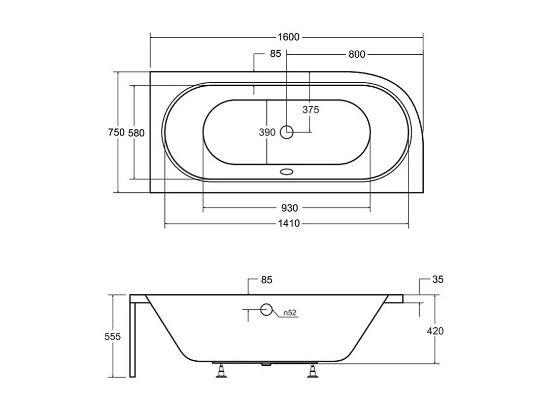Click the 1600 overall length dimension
tap(288, 37)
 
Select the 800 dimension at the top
tap(357, 54)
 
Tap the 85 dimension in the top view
tap(275, 54)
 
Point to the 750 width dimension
tap(116, 132)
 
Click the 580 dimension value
tap(136, 133)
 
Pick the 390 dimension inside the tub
tap(267, 132)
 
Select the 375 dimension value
tap(311, 110)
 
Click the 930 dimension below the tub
tap(289, 208)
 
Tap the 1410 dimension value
tap(288, 223)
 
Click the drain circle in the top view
tap(287, 132)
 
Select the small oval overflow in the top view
tap(287, 172)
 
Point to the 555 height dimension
tap(112, 336)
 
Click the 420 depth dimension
tap(435, 331)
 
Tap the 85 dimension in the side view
tap(267, 280)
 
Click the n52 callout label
tap(290, 313)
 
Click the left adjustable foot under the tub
tap(222, 371)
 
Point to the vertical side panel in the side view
tap(133, 340)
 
